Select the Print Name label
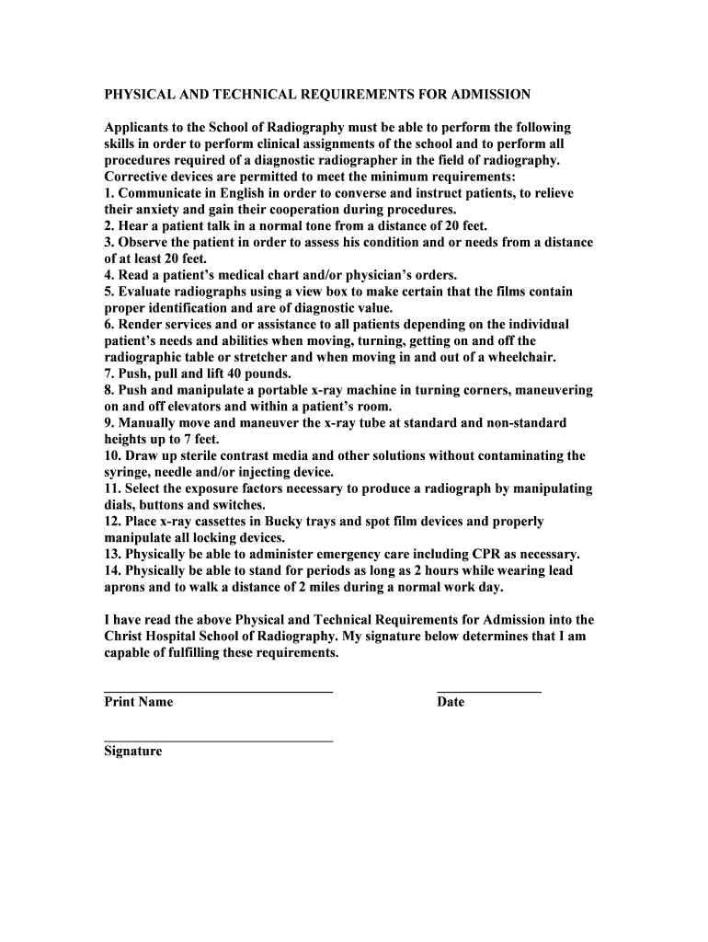pos(138,702)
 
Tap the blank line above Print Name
pos(218,691)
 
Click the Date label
pos(451,702)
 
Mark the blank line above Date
pos(488,691)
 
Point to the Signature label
pos(132,751)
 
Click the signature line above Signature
pos(218,741)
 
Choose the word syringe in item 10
pos(126,472)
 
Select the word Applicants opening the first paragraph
pos(137,127)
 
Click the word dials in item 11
pos(120,505)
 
